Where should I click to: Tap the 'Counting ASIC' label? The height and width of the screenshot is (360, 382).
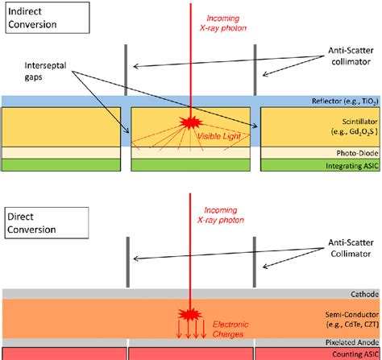click(x=351, y=354)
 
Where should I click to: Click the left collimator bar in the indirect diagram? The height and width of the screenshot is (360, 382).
click(x=126, y=69)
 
